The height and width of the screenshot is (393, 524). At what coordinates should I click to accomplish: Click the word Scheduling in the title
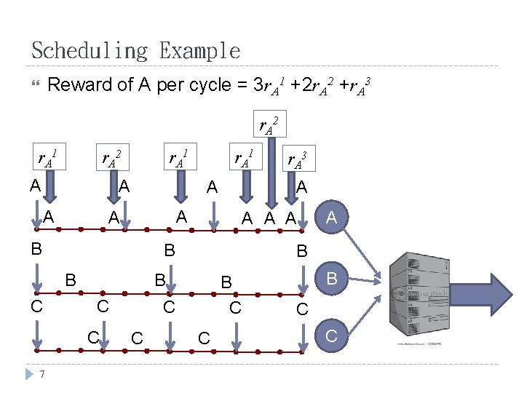pyautogui.click(x=89, y=51)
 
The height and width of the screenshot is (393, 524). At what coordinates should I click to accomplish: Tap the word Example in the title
pyautogui.click(x=199, y=51)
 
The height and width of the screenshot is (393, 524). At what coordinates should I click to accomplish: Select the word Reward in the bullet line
pyautogui.click(x=80, y=85)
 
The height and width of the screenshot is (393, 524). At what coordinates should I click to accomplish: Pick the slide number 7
pyautogui.click(x=44, y=375)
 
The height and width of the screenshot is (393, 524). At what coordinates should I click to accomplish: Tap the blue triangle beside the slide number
pyautogui.click(x=30, y=374)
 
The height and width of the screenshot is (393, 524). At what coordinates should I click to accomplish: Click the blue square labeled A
pyautogui.click(x=332, y=216)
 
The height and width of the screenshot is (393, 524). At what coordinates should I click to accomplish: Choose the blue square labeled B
pyautogui.click(x=332, y=277)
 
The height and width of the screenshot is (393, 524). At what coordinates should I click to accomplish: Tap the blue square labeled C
pyautogui.click(x=332, y=336)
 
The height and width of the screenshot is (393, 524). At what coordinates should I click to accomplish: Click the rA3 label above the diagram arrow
pyautogui.click(x=297, y=159)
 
